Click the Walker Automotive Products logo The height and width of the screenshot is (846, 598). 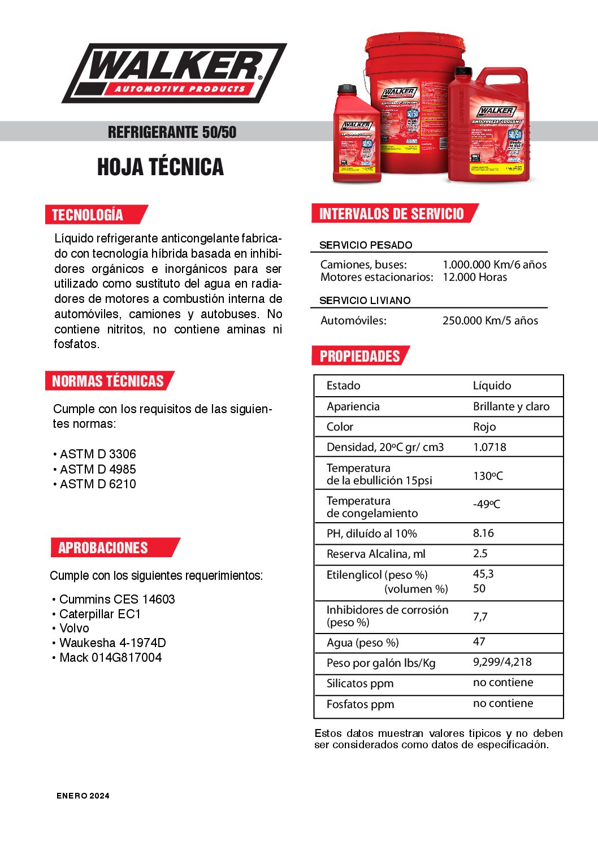[174, 73]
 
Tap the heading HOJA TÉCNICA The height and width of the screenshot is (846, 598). [161, 167]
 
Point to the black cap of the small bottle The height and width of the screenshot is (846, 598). [346, 89]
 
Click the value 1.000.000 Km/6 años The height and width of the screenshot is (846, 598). [494, 264]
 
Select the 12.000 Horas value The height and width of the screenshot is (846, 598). [474, 277]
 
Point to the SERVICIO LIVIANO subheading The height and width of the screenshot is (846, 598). [365, 301]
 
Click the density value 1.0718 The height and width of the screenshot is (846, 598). [489, 447]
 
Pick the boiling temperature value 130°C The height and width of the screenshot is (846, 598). [487, 476]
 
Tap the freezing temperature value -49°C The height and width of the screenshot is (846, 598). [486, 504]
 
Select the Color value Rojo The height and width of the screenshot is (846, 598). [484, 427]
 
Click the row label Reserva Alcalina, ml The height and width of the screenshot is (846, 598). [376, 554]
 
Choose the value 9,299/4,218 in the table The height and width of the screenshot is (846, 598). [502, 662]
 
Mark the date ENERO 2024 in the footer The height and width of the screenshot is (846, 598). [83, 796]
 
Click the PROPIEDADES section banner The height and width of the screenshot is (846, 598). [359, 356]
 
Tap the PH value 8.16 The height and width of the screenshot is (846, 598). [483, 533]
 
